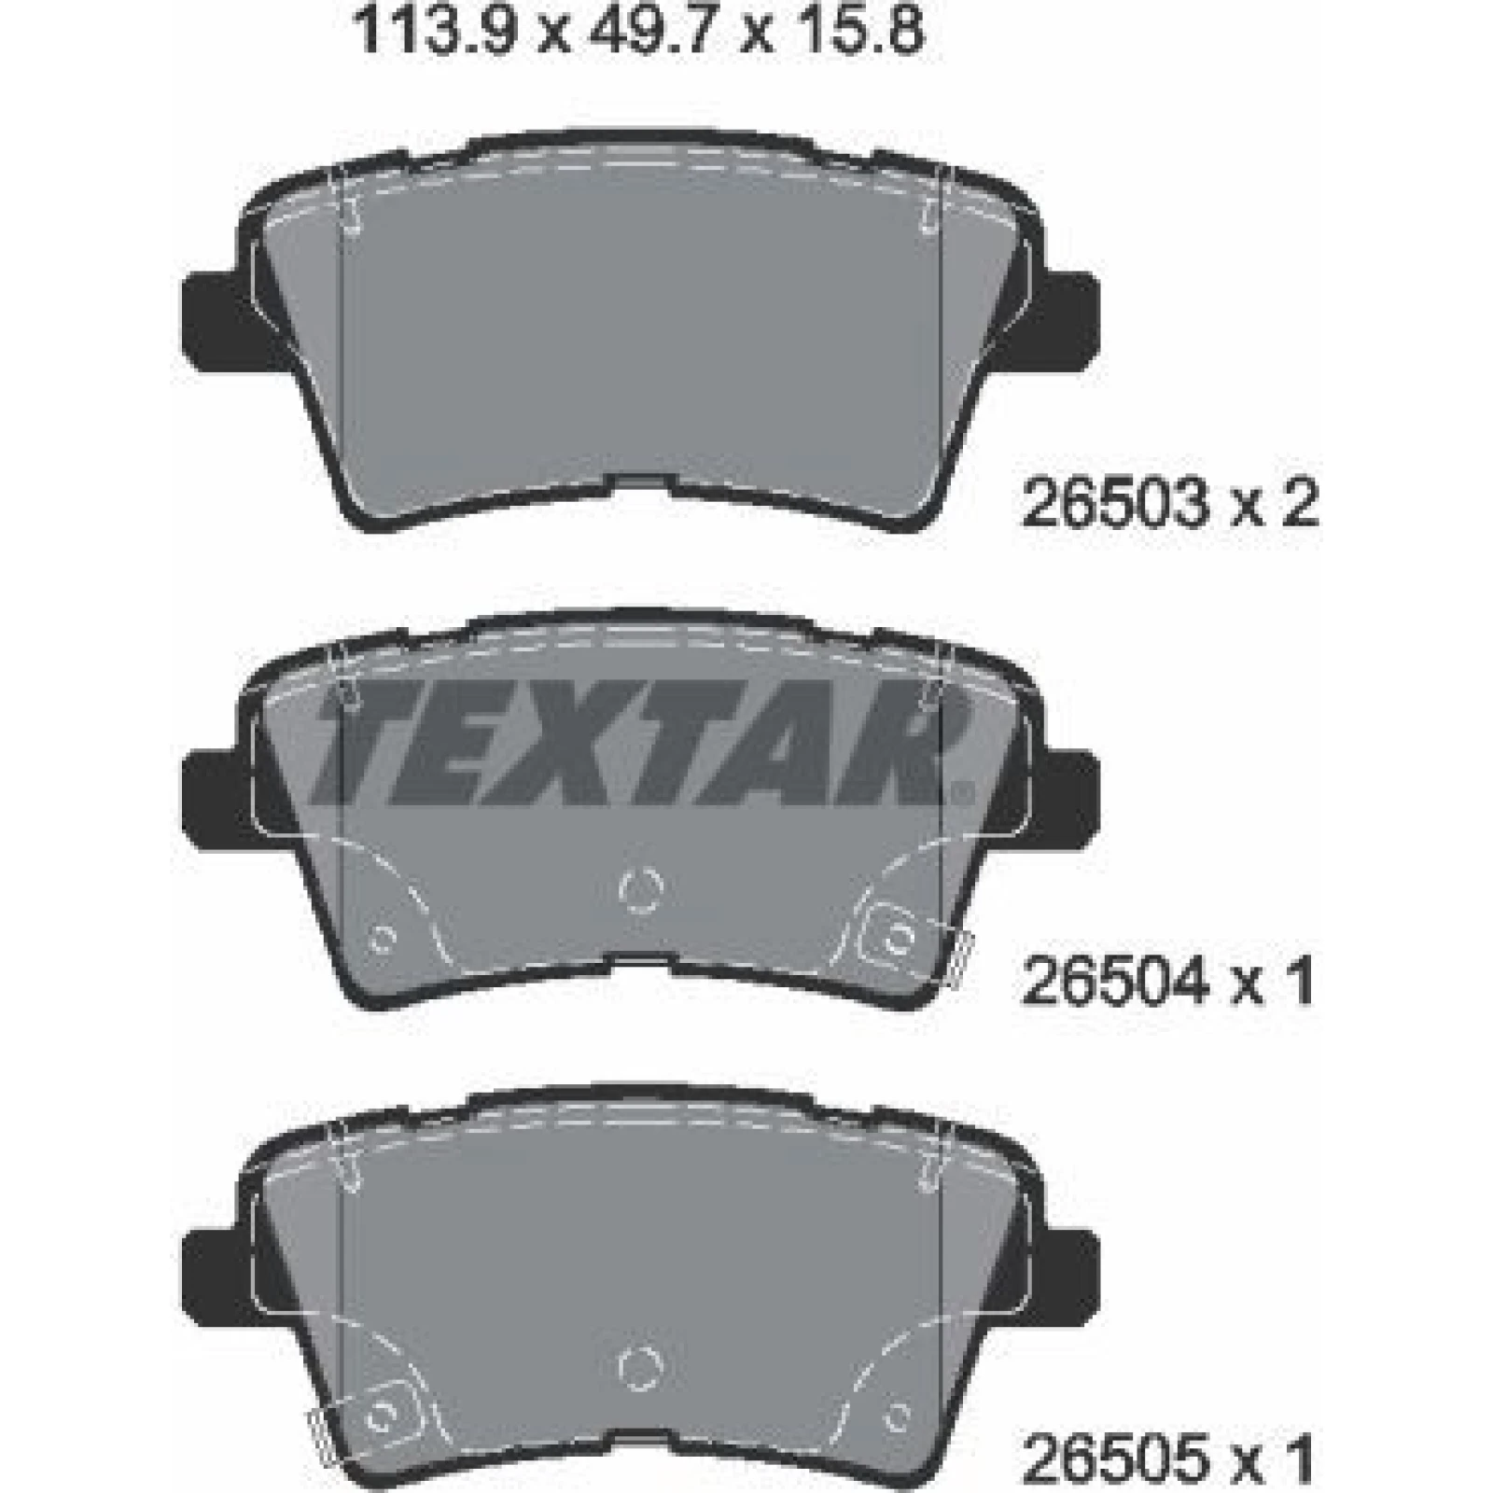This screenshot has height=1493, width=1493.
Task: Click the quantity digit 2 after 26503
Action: click(x=1299, y=505)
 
